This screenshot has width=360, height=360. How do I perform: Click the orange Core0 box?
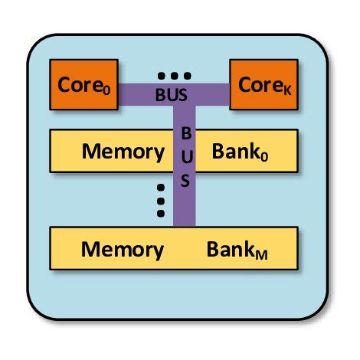[x=83, y=83]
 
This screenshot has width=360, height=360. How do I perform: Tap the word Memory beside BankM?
[x=123, y=249]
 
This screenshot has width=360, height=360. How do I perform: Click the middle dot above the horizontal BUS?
[x=173, y=76]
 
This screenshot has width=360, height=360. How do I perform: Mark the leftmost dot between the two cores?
[x=160, y=76]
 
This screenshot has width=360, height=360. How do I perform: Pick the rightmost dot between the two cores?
[x=186, y=76]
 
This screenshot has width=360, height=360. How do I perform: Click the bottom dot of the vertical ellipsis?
[x=162, y=212]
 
